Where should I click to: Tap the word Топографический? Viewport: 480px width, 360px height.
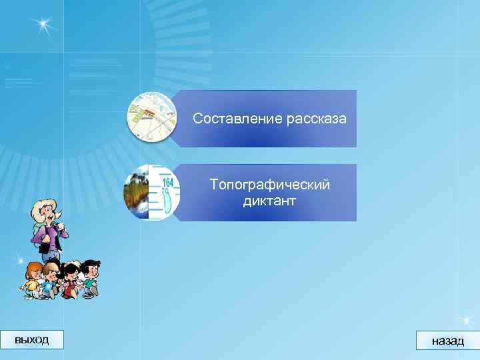[x=269, y=185]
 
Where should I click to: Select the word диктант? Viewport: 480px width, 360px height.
[x=269, y=200]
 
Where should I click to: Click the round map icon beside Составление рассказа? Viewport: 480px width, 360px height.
[x=151, y=118]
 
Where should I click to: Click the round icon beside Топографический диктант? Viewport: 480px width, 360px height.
[x=151, y=192]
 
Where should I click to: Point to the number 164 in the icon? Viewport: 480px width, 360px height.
[x=167, y=182]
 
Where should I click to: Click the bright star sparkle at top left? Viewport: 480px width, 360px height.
[x=43, y=25]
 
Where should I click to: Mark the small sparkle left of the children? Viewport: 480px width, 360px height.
[x=21, y=259]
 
